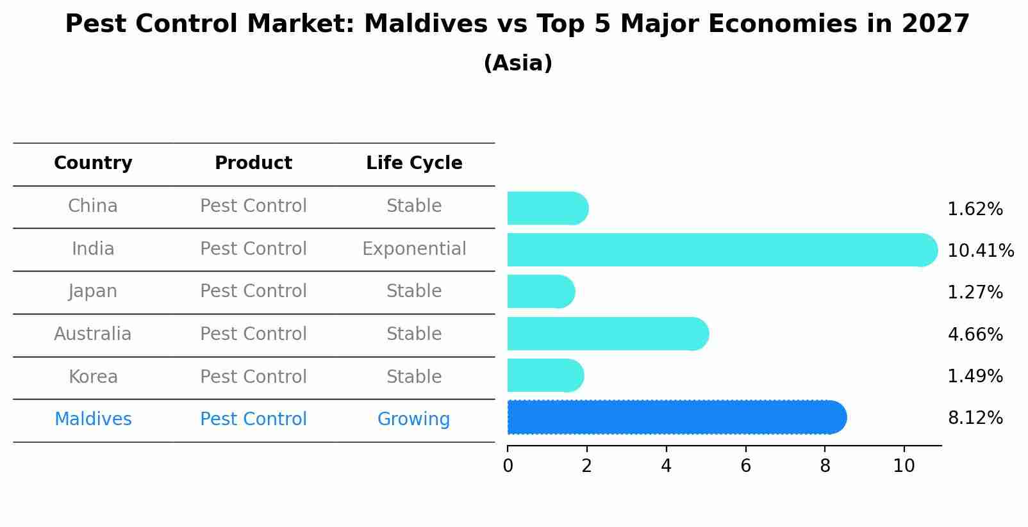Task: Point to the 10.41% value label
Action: [980, 250]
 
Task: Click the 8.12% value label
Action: [975, 418]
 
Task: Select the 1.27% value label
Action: [975, 293]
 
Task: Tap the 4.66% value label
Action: [975, 334]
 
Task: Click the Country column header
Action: [93, 163]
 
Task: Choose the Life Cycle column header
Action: [414, 163]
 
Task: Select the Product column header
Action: [253, 163]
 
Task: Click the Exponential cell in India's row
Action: [414, 249]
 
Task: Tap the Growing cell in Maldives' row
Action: [413, 419]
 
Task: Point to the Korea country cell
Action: [93, 377]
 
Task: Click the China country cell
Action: [93, 206]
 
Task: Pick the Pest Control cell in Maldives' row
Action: [253, 419]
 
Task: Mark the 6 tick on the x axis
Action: [745, 466]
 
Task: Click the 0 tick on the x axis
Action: [508, 466]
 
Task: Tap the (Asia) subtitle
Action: [518, 63]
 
